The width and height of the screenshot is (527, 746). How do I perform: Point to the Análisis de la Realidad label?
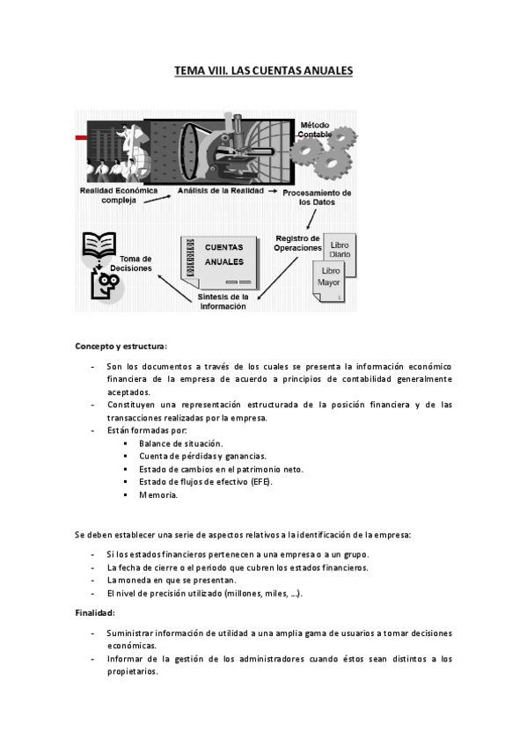219,189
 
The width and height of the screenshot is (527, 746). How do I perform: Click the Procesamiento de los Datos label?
322,197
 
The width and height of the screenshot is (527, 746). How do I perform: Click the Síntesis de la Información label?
223,302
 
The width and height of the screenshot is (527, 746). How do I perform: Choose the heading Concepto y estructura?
120,345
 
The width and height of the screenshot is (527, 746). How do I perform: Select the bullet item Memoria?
158,494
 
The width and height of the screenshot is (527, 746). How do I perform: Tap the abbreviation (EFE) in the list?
261,482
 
